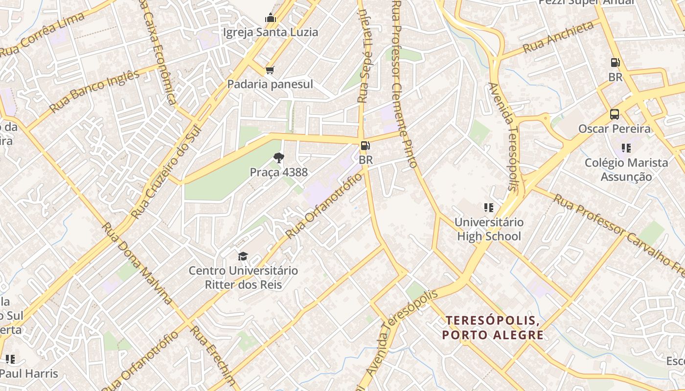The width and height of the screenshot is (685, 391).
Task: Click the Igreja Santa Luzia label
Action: (x=271, y=32)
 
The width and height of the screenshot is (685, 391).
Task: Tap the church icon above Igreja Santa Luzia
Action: (x=271, y=19)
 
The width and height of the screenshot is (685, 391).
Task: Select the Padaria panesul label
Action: (x=270, y=84)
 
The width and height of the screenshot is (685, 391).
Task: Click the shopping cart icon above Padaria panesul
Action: (x=270, y=70)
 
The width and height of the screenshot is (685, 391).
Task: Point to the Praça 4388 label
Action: (x=279, y=172)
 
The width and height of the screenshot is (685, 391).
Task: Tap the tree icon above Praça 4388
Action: (x=279, y=157)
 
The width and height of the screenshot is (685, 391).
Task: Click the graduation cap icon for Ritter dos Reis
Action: (x=243, y=256)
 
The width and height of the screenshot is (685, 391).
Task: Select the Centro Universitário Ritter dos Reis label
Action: (x=243, y=277)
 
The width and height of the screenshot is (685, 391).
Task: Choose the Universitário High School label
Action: (x=489, y=229)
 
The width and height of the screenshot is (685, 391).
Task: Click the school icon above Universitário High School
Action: (x=488, y=208)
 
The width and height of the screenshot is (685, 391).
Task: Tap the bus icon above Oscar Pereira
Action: (x=615, y=114)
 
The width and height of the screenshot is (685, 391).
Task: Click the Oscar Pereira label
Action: (x=615, y=129)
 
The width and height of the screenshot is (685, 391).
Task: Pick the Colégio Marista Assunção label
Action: (x=626, y=169)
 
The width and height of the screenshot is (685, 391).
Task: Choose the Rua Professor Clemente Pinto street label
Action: (x=404, y=83)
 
